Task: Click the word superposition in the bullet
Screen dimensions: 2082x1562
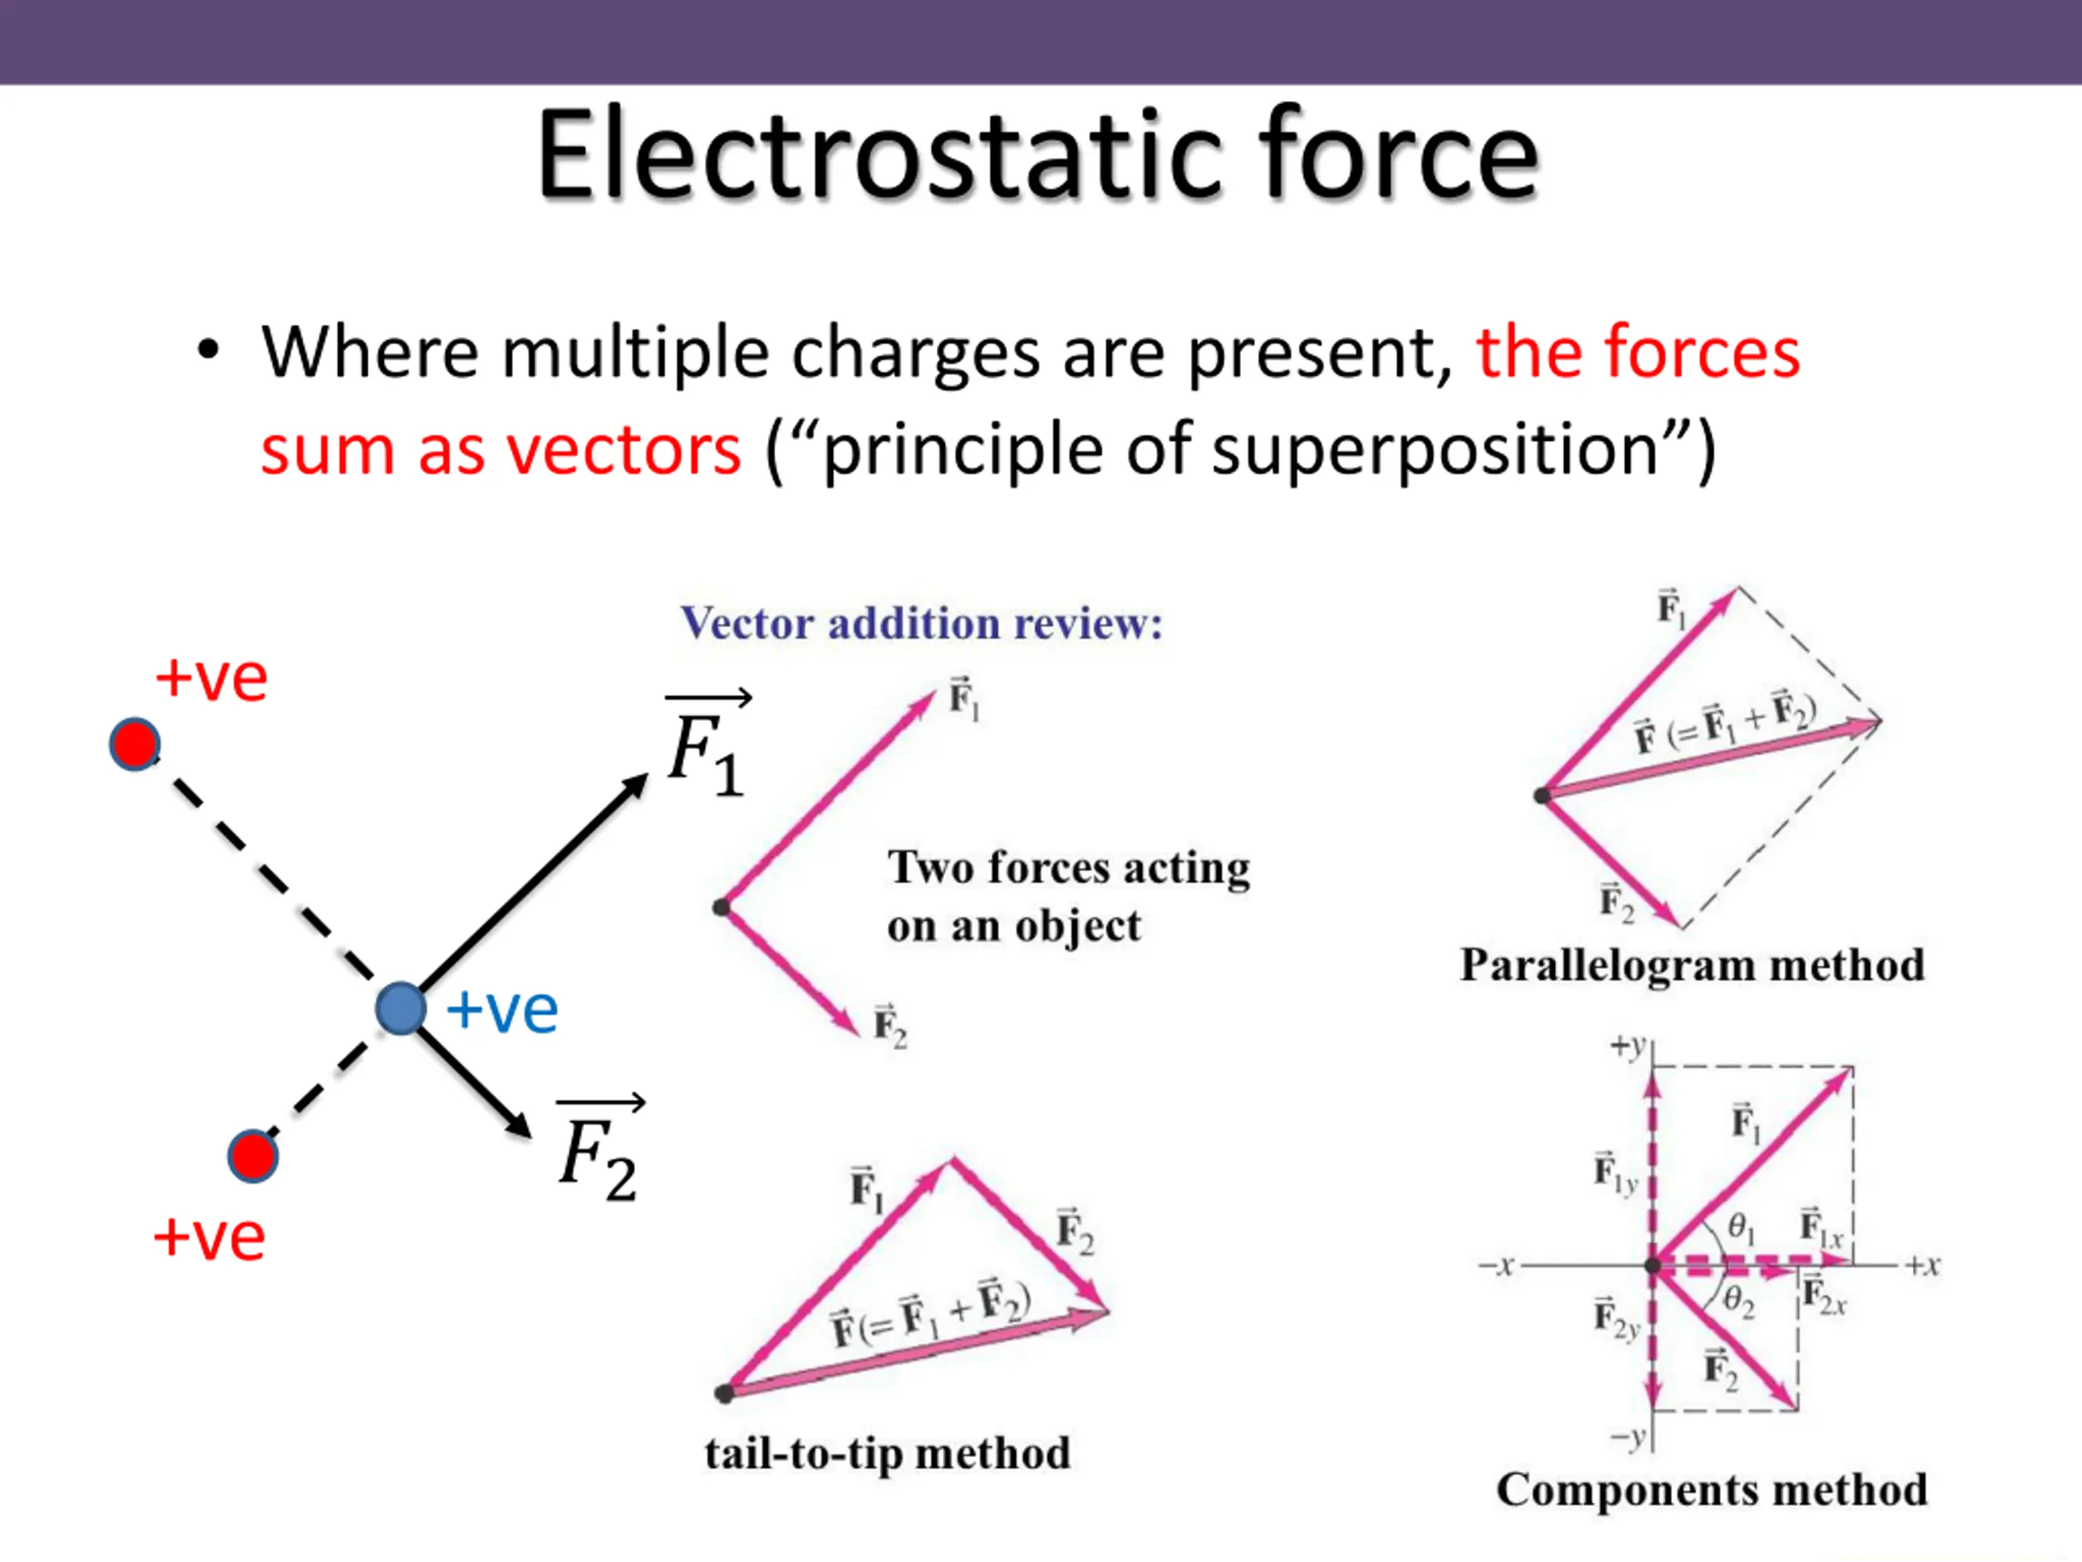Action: tap(1435, 450)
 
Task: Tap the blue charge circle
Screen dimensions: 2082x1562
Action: tap(401, 1008)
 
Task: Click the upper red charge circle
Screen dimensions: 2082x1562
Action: tap(134, 744)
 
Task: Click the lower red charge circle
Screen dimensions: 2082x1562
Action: tap(252, 1156)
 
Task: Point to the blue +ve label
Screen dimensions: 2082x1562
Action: tap(503, 1010)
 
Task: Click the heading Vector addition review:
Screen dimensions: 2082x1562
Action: tap(921, 623)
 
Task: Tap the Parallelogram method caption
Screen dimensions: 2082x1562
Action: tap(1692, 965)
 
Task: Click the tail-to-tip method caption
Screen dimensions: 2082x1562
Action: tap(887, 1453)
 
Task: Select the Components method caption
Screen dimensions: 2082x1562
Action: tap(1711, 1490)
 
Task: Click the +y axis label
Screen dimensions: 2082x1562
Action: tap(1627, 1046)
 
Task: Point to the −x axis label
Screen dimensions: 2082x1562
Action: tap(1496, 1265)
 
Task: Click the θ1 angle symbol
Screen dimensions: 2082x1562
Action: tap(1741, 1227)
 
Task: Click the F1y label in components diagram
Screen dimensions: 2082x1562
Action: tap(1615, 1173)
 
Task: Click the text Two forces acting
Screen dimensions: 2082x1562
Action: tap(1069, 868)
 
